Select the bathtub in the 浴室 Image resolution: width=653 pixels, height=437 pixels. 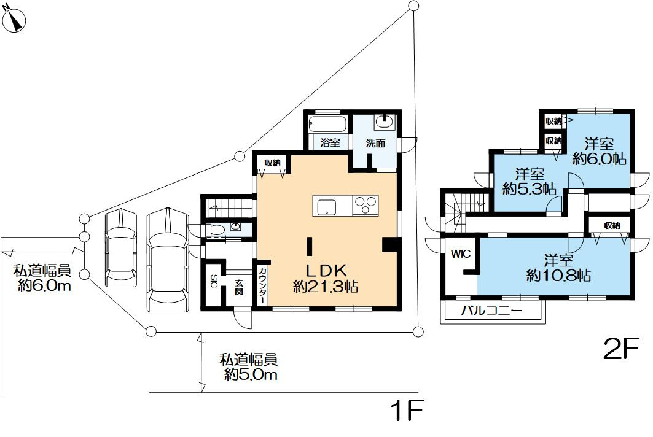pos(328,125)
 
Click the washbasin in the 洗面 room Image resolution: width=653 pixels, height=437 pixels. pos(384,122)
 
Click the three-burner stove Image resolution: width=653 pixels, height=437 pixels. pos(366,205)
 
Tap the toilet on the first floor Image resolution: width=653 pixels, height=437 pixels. pos(214,230)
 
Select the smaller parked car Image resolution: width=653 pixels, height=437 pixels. pos(121,248)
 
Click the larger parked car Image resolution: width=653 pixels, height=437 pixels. pos(168,260)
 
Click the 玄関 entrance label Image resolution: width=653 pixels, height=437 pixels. pos(238,287)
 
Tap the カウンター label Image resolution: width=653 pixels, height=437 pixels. pos(263,285)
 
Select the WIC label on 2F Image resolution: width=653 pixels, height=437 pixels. pos(461,254)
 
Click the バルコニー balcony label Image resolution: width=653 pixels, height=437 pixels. pos(491,311)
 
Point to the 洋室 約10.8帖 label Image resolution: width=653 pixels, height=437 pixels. pos(558,268)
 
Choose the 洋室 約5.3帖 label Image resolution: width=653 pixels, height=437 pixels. pos(530,181)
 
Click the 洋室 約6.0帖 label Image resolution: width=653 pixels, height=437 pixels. pos(600,151)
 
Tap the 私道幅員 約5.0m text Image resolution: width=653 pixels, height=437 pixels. pos(249,366)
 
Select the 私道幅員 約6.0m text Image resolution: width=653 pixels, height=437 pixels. pos(42,278)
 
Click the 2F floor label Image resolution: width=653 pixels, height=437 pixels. pos(620,349)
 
